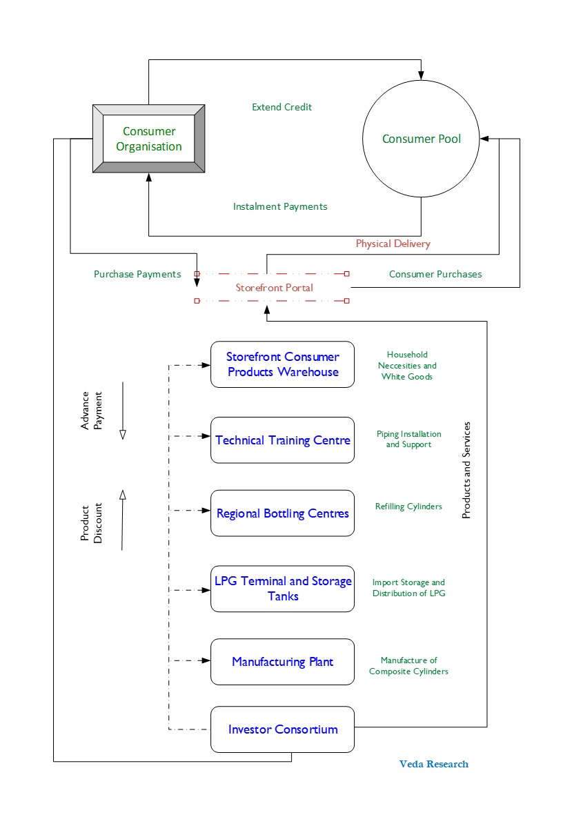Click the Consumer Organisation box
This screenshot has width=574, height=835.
coord(149,139)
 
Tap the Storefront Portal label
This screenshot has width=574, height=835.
coord(274,288)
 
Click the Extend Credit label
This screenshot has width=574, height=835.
coord(281,108)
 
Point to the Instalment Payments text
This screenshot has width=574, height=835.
coord(280,207)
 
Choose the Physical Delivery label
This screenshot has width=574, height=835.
coord(393,244)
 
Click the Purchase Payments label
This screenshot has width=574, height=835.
coord(137,275)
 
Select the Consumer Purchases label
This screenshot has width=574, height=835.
coord(435,275)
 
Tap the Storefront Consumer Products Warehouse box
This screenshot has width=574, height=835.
coord(283,364)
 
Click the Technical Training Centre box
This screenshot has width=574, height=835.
coord(283,440)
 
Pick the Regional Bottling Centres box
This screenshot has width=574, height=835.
coord(283,513)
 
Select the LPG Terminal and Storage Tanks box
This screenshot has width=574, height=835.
coord(283,589)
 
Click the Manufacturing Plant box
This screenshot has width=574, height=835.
coord(283,662)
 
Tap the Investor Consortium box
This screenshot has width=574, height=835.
coord(283,729)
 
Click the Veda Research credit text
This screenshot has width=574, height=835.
coord(434,764)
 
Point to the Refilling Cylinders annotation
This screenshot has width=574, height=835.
coord(408,507)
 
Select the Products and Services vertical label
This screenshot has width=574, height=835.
coord(466,471)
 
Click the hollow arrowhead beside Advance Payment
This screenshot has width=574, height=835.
coord(123,435)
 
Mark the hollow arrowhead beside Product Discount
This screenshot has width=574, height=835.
coord(123,495)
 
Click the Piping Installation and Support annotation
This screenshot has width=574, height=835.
coord(409,440)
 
